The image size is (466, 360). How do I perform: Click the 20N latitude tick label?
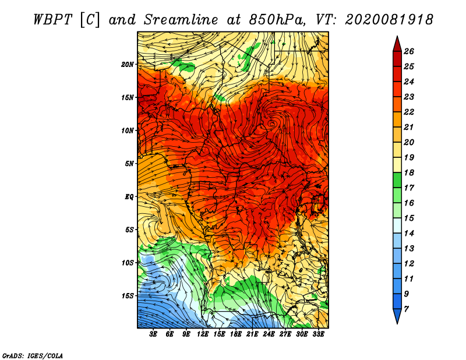[128, 65]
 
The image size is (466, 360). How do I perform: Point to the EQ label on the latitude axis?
[129, 197]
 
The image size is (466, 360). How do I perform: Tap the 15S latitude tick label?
[128, 296]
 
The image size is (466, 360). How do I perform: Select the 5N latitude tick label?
[129, 164]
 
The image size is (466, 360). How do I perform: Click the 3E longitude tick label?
[153, 334]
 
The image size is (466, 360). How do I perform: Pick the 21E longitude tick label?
[252, 334]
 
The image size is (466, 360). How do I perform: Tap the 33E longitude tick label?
[318, 334]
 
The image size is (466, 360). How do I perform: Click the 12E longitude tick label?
[202, 334]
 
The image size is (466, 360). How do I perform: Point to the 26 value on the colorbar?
[409, 51]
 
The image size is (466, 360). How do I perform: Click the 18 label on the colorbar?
[409, 172]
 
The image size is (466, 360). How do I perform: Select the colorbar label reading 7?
[406, 309]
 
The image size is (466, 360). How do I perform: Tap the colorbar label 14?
[409, 234]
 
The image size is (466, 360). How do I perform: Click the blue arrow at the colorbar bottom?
[397, 316]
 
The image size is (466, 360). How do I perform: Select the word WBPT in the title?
[53, 20]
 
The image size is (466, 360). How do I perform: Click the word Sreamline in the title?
[181, 20]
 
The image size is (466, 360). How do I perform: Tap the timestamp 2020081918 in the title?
[389, 20]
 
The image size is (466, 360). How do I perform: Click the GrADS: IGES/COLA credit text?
[33, 356]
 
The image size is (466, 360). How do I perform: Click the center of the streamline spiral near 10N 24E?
[271, 123]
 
